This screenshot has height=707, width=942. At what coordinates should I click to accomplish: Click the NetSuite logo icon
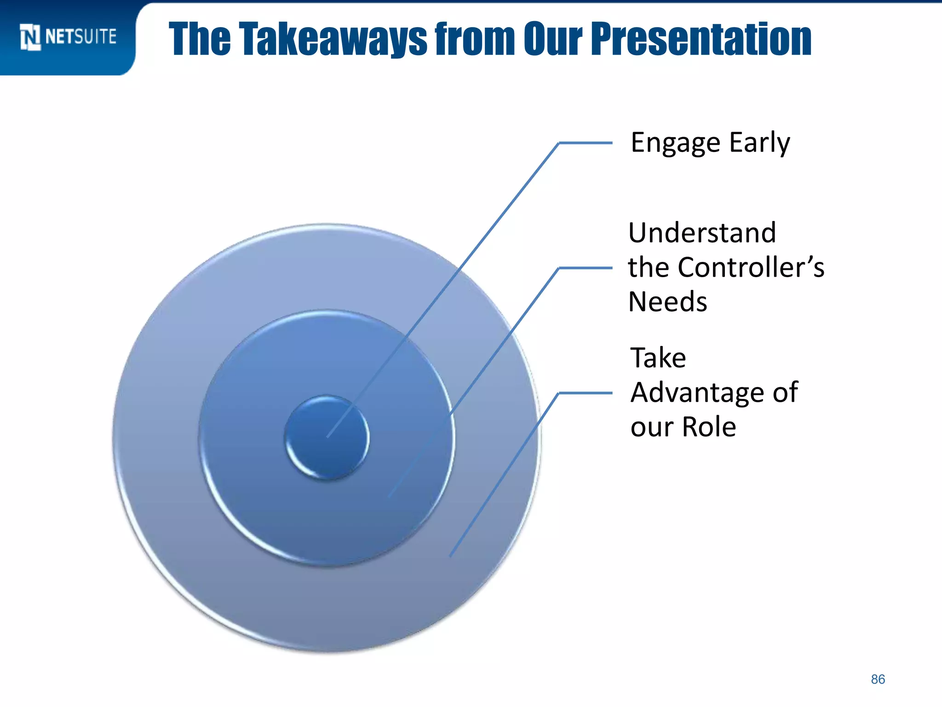[x=30, y=37]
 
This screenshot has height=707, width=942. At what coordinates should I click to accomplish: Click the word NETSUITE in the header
[x=81, y=37]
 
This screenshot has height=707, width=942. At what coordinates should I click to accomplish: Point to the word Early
[x=760, y=143]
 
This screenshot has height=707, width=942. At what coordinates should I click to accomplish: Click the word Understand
[x=702, y=232]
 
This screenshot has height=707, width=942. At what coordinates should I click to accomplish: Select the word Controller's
[x=751, y=267]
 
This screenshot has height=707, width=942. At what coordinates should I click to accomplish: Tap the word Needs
[x=667, y=302]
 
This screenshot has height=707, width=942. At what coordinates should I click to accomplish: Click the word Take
[x=658, y=358]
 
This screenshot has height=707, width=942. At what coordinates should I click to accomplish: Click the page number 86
[x=878, y=679]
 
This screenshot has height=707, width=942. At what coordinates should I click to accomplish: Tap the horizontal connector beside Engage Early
[x=585, y=143]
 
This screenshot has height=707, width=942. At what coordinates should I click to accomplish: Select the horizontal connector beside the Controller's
[x=585, y=267]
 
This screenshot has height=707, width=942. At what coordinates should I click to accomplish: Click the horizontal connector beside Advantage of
[x=585, y=393]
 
